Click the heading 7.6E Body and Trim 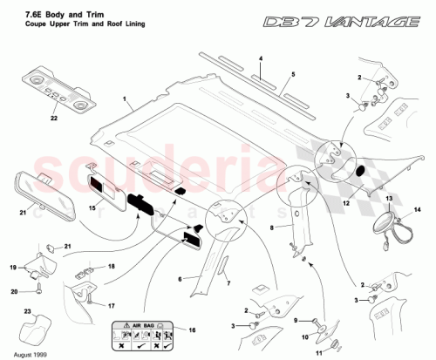pos(44,12)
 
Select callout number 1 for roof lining pos(125,102)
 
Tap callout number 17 pos(110,306)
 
